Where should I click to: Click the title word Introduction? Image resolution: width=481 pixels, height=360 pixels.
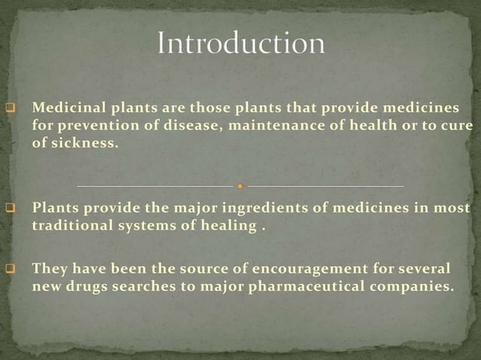(240, 43)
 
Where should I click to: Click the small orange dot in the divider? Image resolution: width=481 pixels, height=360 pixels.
(240, 185)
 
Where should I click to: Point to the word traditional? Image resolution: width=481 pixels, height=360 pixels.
(69, 224)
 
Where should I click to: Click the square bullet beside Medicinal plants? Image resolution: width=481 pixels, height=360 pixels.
(11, 108)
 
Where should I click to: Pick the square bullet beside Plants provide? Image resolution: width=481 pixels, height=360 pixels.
(11, 209)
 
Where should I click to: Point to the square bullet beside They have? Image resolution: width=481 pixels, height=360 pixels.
(11, 269)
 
